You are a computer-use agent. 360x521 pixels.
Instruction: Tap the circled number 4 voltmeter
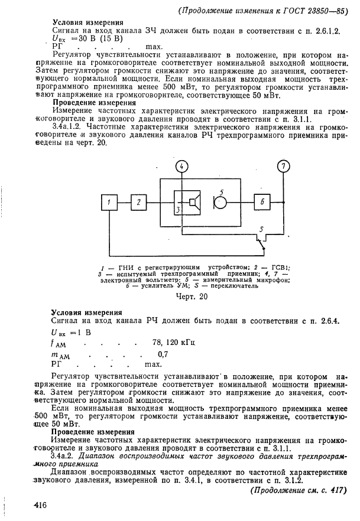click(x=182, y=167)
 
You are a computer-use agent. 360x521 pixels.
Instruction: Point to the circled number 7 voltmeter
click(x=285, y=167)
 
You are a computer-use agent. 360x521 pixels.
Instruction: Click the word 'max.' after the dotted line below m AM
click(x=153, y=364)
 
